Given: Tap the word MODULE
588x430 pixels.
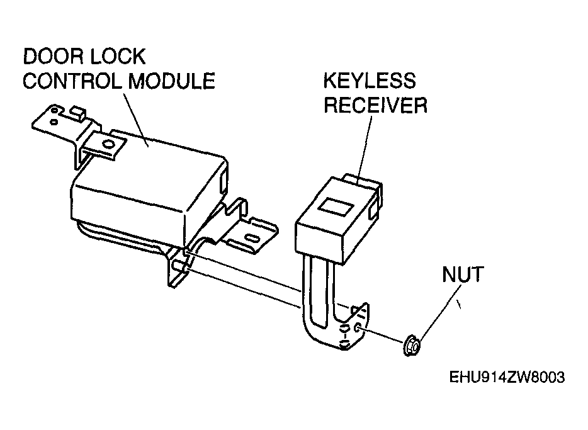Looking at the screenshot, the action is (172, 81).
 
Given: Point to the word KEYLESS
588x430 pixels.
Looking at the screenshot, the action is (370, 81).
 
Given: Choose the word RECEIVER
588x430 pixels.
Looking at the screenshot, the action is (375, 105).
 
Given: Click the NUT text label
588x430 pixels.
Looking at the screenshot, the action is (463, 274).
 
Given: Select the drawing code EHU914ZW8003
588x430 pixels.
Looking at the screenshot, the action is (507, 377).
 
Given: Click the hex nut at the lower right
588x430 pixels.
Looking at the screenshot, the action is (412, 345).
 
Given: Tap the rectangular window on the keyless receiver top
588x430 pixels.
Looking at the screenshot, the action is (336, 207).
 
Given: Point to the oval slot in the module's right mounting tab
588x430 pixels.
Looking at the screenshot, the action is (252, 239).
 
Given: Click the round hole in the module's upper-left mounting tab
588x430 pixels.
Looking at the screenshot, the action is (108, 144).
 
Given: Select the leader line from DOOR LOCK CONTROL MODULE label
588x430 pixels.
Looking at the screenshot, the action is (136, 119).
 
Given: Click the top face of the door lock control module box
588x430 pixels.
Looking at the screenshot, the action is (150, 173).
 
